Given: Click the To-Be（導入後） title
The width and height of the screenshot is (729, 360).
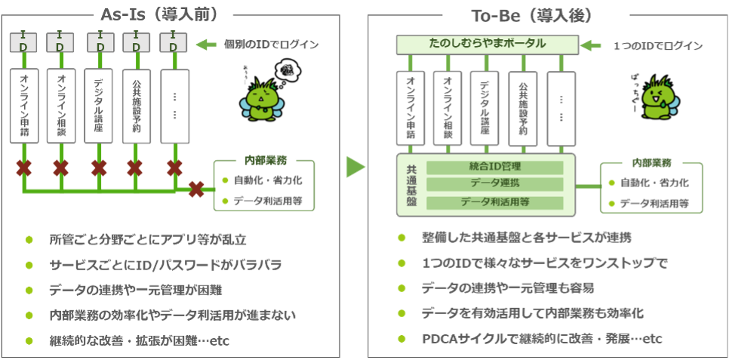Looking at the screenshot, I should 535,16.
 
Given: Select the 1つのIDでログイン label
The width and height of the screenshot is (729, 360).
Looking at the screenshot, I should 657,46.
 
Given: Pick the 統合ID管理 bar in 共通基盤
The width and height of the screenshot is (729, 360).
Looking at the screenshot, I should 494,166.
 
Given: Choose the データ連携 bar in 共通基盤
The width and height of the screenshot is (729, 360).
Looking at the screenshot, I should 494,183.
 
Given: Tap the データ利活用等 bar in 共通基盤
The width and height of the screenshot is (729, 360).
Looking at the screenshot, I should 494,202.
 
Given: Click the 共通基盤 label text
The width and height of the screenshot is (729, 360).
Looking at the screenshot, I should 409,183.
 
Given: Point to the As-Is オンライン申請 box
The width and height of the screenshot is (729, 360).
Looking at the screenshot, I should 23,106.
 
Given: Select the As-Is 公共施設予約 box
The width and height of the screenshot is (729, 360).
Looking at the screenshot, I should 136,106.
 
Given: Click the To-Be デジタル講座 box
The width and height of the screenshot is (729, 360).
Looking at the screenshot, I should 484,109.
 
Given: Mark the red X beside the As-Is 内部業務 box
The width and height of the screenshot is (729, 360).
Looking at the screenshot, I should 197,189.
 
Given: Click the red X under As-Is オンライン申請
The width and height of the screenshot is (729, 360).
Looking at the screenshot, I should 23,167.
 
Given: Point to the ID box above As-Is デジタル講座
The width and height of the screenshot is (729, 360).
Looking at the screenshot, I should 99,43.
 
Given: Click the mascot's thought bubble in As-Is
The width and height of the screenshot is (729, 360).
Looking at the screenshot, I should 290,74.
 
